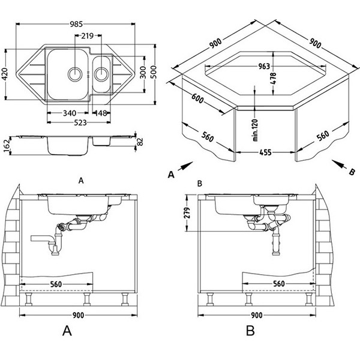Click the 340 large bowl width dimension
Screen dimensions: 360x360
click(x=69, y=112)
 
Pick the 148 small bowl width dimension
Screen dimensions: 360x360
click(x=100, y=112)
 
